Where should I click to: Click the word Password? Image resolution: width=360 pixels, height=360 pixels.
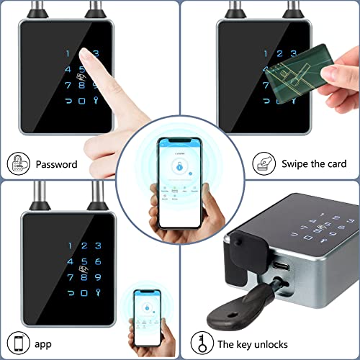point(56,164)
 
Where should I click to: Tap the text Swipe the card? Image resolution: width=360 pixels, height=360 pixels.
point(313,164)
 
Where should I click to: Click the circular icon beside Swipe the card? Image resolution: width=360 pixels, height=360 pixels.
point(264,163)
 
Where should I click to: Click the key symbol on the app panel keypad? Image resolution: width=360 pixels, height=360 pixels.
point(99,294)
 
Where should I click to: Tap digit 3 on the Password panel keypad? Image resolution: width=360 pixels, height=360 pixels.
point(96,53)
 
